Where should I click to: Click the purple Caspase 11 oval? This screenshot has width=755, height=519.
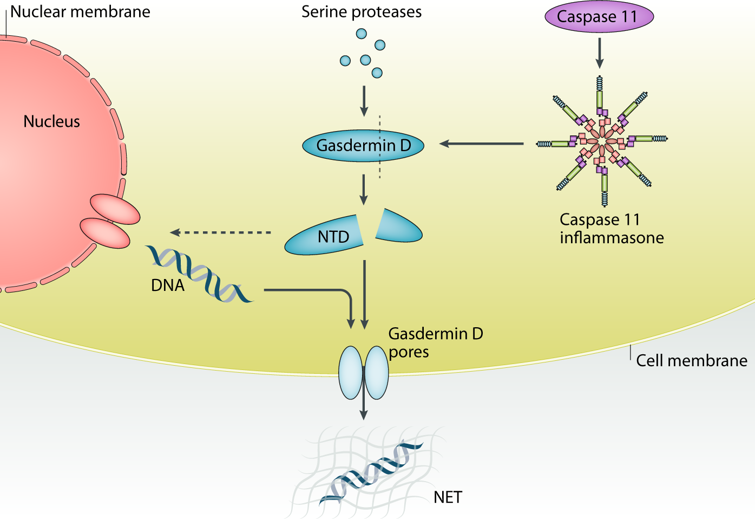point(599,16)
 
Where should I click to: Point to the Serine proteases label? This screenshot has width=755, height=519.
point(361,12)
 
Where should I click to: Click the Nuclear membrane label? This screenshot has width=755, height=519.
point(80,12)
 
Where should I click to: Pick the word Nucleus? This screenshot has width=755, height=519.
point(51,121)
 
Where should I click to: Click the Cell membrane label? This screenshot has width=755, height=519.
point(691,361)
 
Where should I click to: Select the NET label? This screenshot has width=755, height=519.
point(448,497)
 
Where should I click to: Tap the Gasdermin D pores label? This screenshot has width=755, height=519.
point(435,342)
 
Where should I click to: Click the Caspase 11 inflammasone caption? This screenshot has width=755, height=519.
point(611,229)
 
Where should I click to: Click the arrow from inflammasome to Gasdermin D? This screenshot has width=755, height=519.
point(481,144)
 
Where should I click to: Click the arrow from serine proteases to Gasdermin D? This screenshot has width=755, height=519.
point(364,100)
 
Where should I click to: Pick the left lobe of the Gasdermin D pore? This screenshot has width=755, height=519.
point(350,373)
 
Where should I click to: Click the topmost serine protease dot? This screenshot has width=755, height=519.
point(361,34)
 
